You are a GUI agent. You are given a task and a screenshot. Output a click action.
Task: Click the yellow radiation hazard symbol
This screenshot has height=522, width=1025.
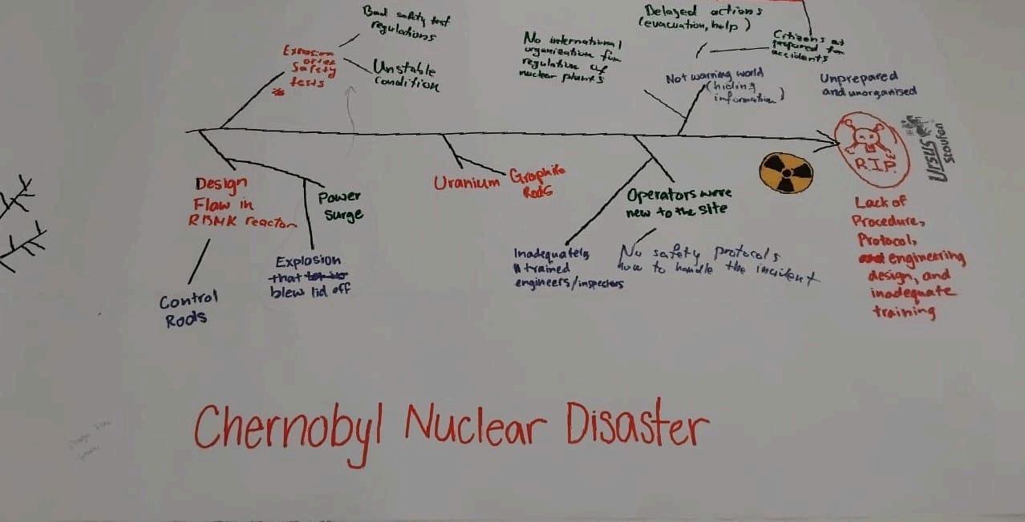(x=786, y=172)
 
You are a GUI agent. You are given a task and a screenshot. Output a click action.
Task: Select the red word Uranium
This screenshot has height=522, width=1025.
(x=466, y=183)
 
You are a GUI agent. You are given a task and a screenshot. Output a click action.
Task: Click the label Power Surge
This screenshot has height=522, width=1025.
(x=341, y=205)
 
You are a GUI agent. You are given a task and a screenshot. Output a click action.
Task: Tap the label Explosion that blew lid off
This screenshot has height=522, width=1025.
(x=308, y=276)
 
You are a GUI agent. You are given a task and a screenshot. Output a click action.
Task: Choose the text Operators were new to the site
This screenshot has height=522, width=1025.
(x=677, y=202)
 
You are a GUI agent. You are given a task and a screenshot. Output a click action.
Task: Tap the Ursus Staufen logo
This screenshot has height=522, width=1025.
(x=930, y=149)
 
